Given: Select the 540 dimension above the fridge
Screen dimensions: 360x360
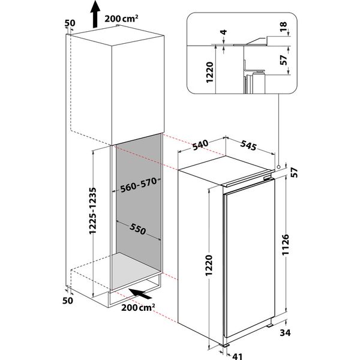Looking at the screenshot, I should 201,145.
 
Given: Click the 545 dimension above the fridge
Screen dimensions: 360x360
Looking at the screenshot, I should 249,145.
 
